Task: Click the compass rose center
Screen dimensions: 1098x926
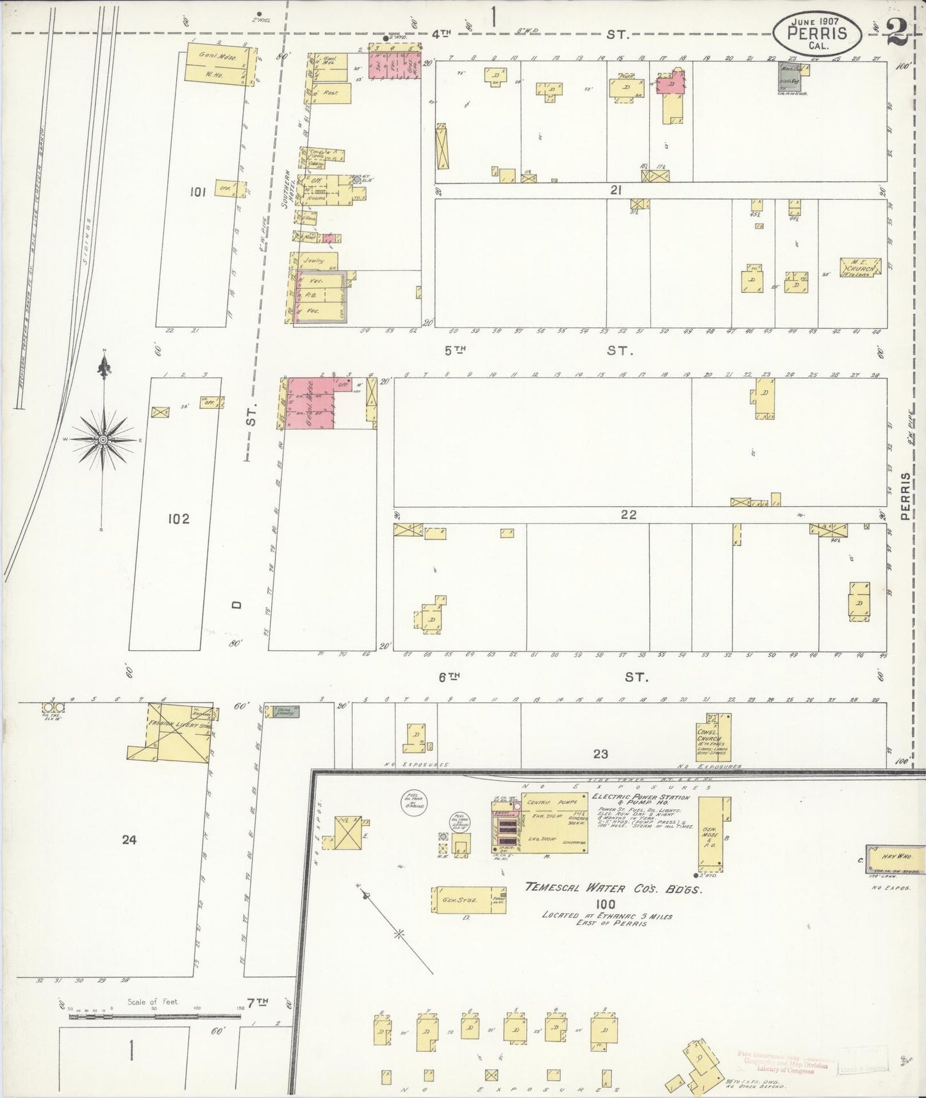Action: coord(103,440)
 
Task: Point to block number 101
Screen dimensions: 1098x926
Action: coord(197,192)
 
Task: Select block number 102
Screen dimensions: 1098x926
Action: coord(178,518)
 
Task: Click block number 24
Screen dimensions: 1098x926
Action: coord(129,839)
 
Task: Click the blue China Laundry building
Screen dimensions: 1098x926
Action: coord(286,710)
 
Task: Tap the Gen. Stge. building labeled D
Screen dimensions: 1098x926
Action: coord(468,900)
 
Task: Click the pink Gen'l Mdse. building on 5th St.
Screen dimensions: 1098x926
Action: coord(310,404)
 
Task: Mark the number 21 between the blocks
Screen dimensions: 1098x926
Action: coord(616,190)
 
